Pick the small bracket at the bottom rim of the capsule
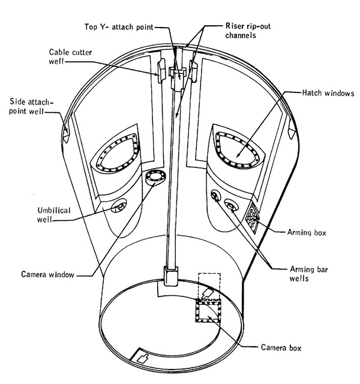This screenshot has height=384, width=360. pyautogui.click(x=143, y=359)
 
